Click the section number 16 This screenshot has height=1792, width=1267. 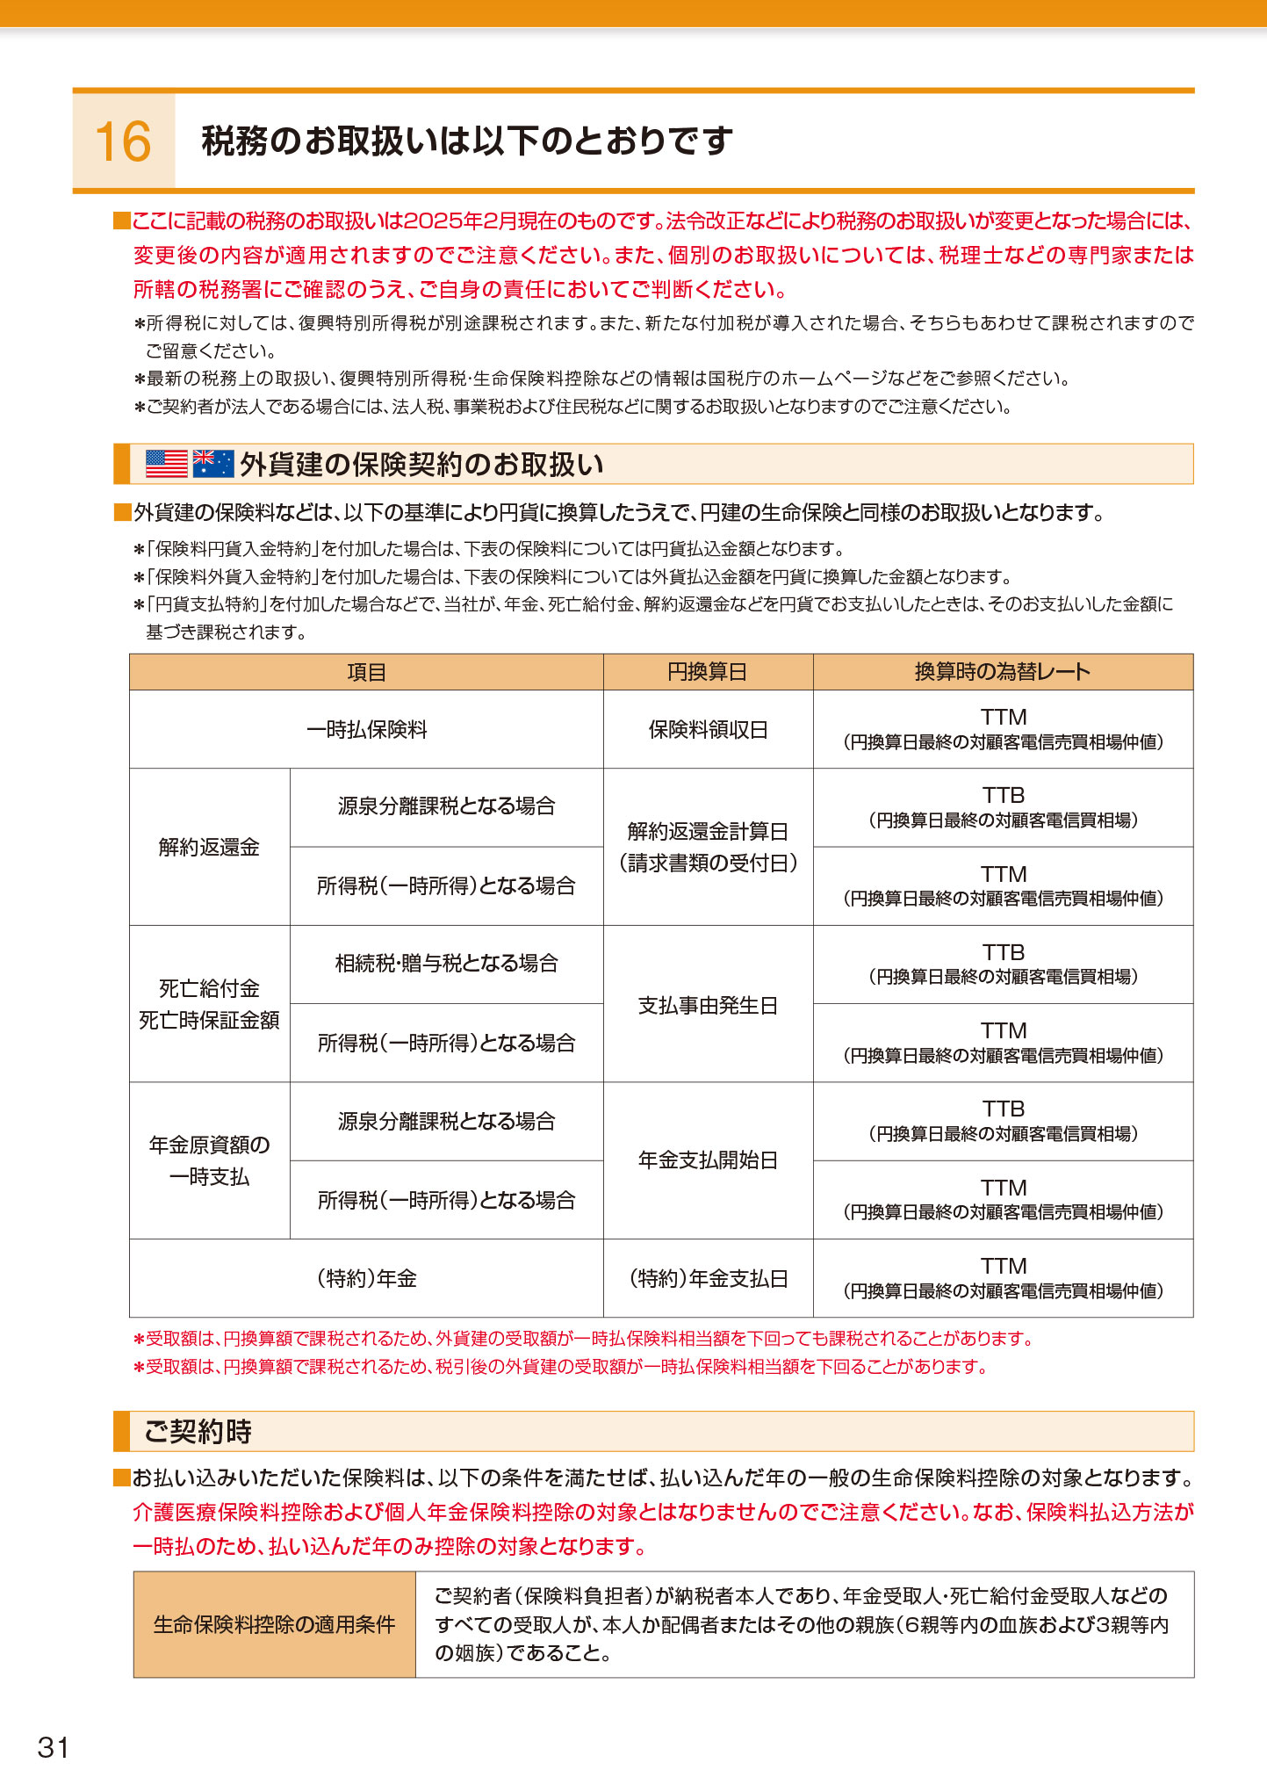pos(123,141)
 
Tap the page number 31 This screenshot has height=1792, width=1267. pos(53,1747)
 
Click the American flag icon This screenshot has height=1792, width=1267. pos(167,463)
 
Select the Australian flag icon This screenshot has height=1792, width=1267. pos(213,463)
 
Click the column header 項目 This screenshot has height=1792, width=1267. pos(366,672)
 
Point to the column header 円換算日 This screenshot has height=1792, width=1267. pos(708,672)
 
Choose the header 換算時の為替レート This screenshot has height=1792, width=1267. pos(1003,672)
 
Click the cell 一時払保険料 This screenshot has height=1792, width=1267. pos(366,729)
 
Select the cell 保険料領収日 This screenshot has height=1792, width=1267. pos(708,729)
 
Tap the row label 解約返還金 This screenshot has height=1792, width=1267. pos(209,847)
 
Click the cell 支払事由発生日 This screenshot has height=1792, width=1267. pos(708,1005)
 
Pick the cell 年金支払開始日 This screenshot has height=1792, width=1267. pos(708,1160)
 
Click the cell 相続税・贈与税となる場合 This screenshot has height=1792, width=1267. pos(446,964)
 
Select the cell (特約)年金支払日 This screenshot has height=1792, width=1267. pos(708,1279)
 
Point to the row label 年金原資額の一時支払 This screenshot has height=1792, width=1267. pos(209,1160)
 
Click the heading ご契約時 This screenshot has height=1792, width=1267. pos(198,1431)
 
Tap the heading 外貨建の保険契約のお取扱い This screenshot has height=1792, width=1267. pos(421,464)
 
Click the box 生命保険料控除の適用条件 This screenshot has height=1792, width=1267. pos(274,1624)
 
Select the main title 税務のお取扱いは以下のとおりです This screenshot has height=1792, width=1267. pos(467,141)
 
